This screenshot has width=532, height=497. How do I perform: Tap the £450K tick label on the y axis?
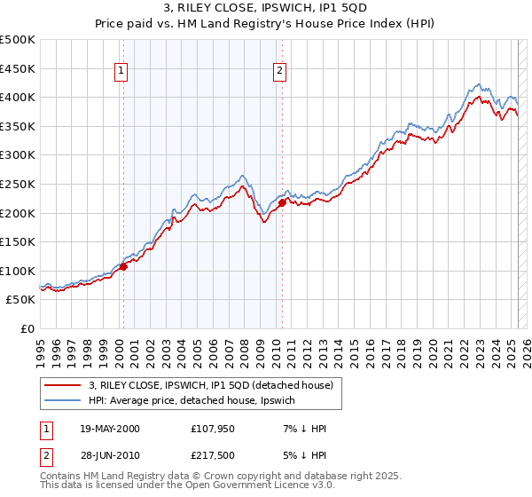18,68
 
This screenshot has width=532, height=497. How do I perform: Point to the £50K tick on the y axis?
21,300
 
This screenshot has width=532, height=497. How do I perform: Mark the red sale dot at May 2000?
124,266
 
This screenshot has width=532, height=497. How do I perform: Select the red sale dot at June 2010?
282,202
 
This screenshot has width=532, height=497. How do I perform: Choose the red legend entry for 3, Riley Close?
210,385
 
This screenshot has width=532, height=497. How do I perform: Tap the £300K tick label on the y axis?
18,155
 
